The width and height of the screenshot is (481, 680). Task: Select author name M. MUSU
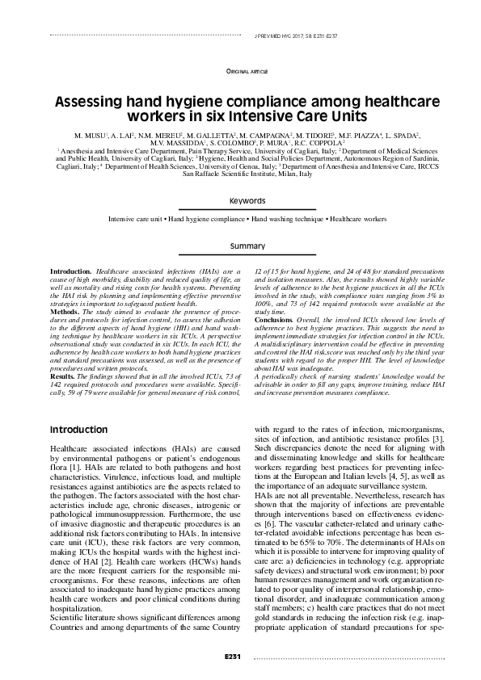click(89, 132)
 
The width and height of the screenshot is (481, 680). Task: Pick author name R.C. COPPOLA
click(322, 141)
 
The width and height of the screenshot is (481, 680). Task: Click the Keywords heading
click(247, 200)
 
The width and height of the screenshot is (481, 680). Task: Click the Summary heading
click(247, 245)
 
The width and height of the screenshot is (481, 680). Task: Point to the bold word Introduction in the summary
click(71, 272)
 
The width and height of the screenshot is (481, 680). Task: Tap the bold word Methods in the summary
click(65, 309)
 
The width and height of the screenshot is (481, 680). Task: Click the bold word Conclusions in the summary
click(276, 317)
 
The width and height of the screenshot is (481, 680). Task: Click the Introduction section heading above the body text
click(79, 429)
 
